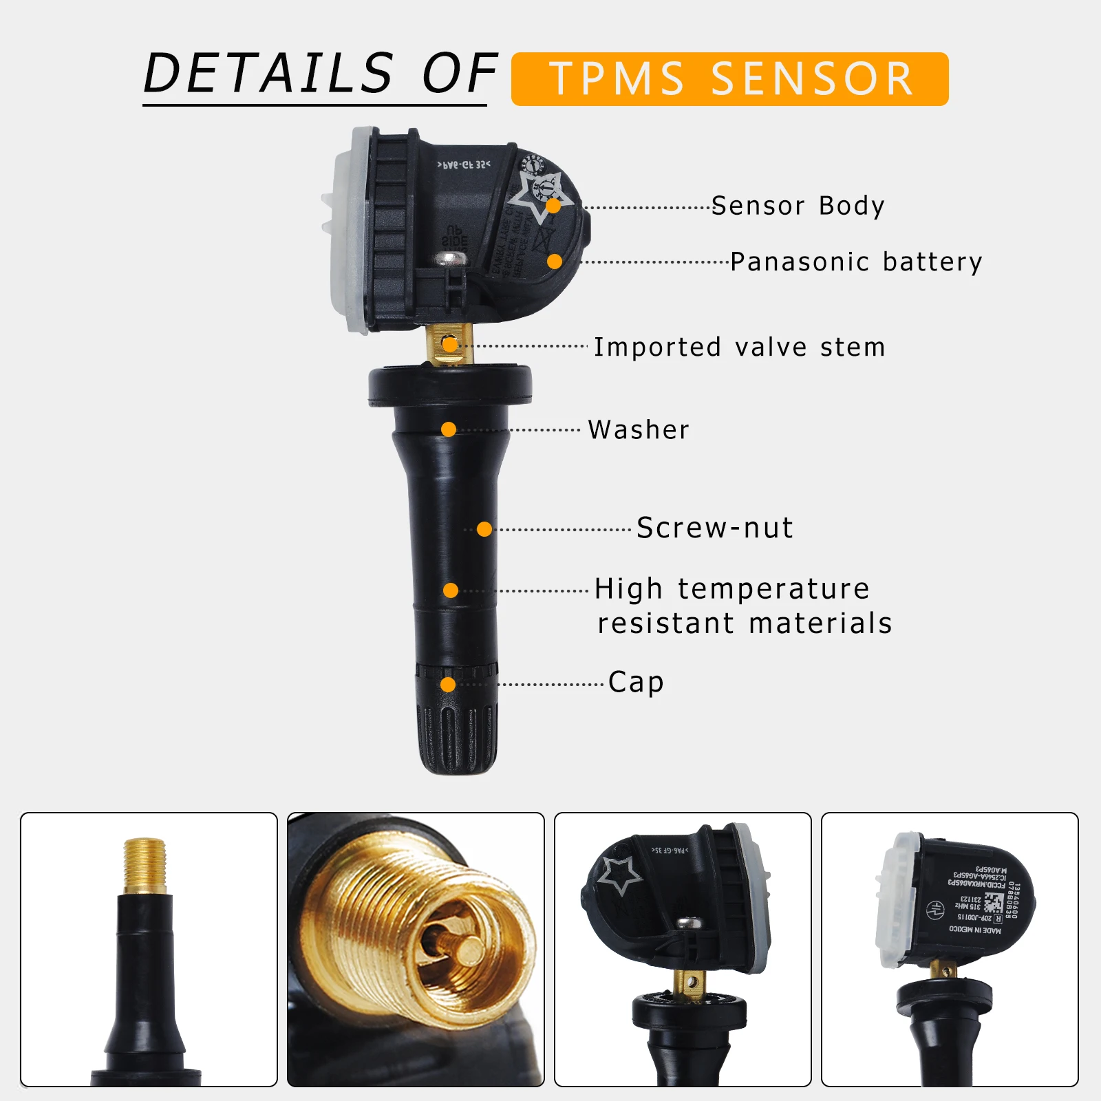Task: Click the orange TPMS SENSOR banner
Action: tap(729, 79)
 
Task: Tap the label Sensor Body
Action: tap(798, 206)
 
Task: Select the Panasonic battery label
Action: tap(856, 262)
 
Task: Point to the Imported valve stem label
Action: tap(739, 348)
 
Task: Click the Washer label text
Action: tap(638, 430)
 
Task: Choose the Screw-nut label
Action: tap(715, 528)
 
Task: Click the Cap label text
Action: tap(636, 683)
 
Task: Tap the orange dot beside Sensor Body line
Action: tap(553, 206)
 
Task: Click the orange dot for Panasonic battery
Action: tap(555, 261)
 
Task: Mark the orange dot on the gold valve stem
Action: tap(449, 345)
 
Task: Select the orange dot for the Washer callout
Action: tap(449, 430)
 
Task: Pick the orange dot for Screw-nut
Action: tap(484, 529)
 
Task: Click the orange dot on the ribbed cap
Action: tap(448, 685)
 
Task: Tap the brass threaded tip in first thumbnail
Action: tap(145, 864)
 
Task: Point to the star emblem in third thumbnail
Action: tap(619, 874)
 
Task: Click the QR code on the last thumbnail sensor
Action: tap(993, 902)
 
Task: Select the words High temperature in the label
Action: tap(732, 589)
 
